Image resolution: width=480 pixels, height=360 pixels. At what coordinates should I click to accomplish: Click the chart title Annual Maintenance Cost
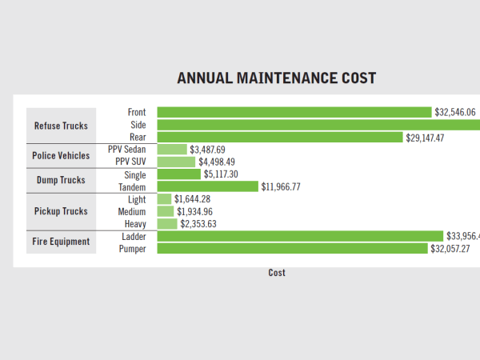click(x=277, y=78)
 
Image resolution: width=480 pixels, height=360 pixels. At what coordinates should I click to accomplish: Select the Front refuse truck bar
click(x=294, y=113)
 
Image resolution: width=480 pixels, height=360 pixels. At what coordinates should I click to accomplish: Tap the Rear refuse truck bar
click(x=280, y=138)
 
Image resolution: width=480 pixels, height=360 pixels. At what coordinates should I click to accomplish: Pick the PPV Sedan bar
click(x=172, y=150)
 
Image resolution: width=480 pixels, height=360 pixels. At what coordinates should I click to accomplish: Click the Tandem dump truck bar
click(x=208, y=186)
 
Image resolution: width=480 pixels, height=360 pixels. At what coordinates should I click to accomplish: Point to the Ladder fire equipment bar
click(x=300, y=236)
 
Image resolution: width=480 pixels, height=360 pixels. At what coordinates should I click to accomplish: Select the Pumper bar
click(x=293, y=249)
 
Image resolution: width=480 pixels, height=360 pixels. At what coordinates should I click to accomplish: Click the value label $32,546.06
click(x=455, y=113)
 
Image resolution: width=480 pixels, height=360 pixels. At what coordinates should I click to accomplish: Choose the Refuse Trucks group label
click(x=61, y=126)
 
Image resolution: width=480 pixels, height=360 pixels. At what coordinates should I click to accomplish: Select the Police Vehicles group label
click(x=61, y=155)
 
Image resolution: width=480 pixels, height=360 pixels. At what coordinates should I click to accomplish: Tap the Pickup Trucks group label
click(x=61, y=211)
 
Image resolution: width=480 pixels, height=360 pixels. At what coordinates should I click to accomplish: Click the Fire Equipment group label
click(x=61, y=242)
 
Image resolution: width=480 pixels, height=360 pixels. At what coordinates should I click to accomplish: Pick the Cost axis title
click(x=277, y=273)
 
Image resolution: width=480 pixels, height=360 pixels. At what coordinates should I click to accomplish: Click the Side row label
click(x=138, y=125)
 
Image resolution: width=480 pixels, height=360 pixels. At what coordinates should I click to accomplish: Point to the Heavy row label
click(x=135, y=224)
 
